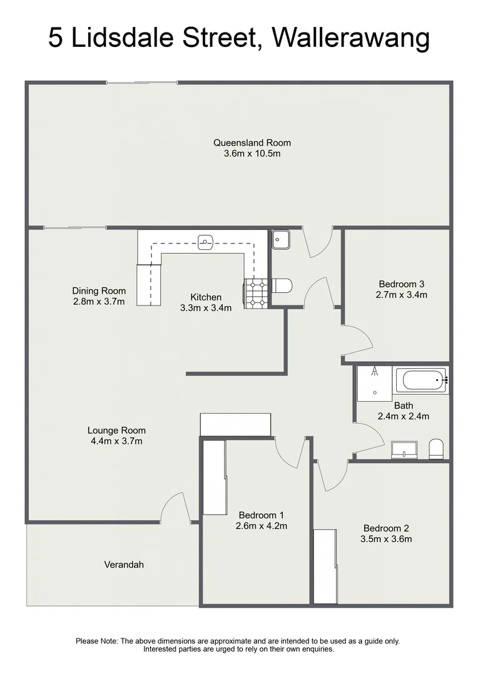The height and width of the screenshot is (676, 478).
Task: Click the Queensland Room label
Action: click(x=252, y=143)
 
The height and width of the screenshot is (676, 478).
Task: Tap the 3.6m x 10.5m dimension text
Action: click(x=252, y=154)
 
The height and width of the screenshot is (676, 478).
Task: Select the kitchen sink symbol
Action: click(x=206, y=242)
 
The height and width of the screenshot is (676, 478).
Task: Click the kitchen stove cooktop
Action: click(x=256, y=294)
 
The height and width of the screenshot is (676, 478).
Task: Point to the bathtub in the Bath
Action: click(x=425, y=381)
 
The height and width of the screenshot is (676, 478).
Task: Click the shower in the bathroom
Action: click(x=375, y=384)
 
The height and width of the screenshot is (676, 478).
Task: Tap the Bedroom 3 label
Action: click(x=401, y=284)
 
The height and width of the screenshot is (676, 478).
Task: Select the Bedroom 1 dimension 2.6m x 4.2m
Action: click(x=261, y=526)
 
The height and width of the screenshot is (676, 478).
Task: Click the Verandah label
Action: click(x=124, y=565)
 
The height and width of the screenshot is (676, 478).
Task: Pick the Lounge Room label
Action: click(x=116, y=430)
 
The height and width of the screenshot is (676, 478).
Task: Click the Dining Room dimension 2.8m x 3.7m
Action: click(x=99, y=302)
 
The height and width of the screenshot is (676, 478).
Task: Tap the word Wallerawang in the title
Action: click(x=351, y=38)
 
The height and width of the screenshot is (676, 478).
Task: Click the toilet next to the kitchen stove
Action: click(x=282, y=285)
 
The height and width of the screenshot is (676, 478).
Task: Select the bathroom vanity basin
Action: click(x=404, y=449)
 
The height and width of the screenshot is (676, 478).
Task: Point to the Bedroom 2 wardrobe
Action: click(x=325, y=566)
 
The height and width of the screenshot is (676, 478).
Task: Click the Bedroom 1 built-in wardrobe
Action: click(x=215, y=477)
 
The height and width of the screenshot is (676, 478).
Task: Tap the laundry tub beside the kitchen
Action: click(x=281, y=239)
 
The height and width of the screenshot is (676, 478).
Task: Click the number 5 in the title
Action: click(x=54, y=38)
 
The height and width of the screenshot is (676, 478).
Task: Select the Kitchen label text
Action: click(x=206, y=297)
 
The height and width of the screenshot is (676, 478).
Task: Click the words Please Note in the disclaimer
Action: click(x=96, y=641)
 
